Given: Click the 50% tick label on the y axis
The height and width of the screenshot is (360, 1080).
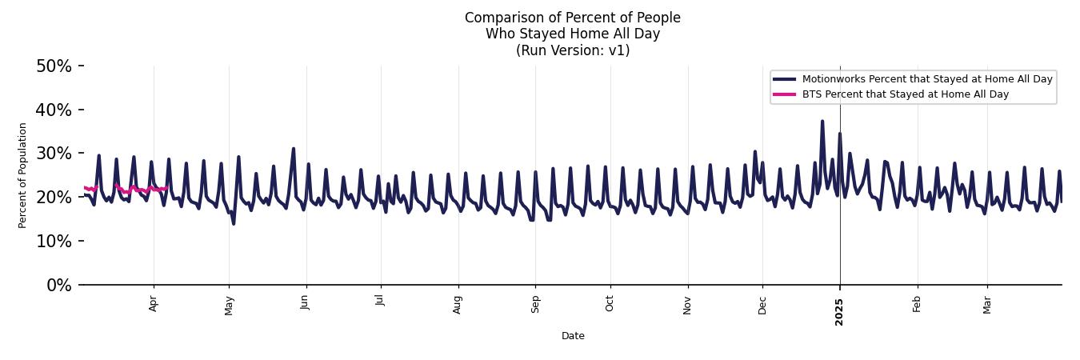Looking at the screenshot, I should pos(54,66).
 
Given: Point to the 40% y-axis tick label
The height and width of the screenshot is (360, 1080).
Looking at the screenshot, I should pos(54,110).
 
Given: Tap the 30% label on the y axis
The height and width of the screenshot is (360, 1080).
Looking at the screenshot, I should pos(54,154).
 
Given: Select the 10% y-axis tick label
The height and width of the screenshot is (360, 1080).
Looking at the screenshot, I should pos(54,242).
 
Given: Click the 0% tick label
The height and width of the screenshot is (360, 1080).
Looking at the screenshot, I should pos(58,286).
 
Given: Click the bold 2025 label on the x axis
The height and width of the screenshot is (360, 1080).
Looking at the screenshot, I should pos(839,307).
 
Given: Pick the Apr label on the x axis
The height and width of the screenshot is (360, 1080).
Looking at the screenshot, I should pos(154,303).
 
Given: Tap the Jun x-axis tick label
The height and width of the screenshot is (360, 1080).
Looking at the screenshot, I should pos(305,302).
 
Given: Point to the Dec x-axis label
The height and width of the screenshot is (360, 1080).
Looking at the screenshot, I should pos(762,304).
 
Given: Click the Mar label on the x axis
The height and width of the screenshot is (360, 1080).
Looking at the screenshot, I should pos(987,304).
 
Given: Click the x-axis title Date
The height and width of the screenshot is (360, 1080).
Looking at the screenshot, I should pos(573,336).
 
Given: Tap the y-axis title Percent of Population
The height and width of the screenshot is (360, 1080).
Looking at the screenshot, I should pos(22,175).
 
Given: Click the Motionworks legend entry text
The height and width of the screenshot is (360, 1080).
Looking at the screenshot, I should pos(927,79).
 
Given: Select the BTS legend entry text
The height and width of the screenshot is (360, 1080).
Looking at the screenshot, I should pos(905,94).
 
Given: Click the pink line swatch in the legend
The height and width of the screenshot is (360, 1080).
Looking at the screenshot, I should pos(784,94).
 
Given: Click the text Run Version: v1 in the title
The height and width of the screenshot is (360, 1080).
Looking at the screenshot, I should pos(573,50).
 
